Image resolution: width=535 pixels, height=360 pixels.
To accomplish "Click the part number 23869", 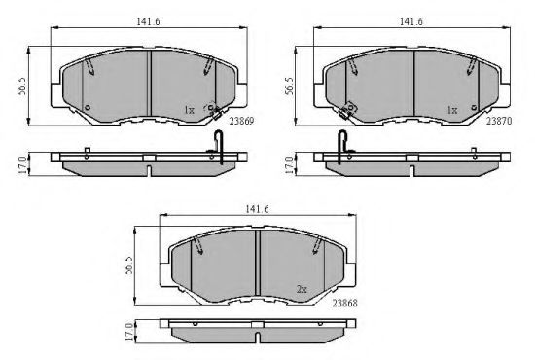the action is (241, 121).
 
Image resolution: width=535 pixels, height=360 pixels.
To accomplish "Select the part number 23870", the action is (499, 121).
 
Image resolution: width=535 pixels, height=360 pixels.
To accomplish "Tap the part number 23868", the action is (345, 303).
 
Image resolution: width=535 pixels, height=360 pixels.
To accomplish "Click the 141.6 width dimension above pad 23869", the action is (148, 21).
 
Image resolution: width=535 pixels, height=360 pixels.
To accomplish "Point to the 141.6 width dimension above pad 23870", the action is (411, 21).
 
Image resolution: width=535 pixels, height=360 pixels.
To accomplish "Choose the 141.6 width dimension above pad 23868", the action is (257, 209).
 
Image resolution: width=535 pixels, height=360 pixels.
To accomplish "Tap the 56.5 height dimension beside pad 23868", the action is (128, 266).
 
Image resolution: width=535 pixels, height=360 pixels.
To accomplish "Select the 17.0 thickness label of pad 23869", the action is (23, 165).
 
